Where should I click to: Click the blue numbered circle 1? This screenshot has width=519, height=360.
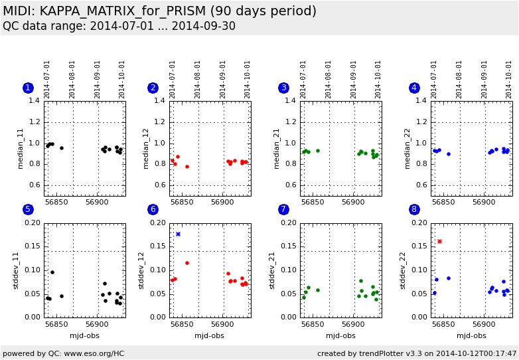(28, 88)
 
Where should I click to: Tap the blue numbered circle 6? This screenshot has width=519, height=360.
(153, 209)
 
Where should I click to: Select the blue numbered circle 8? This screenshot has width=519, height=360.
(414, 209)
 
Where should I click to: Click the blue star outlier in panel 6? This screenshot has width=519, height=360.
(178, 234)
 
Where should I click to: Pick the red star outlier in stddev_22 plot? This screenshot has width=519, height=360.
(439, 241)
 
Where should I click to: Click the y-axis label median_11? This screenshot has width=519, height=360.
(21, 148)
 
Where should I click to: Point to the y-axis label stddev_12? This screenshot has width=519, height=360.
(141, 270)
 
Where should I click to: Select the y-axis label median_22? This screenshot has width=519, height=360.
(408, 148)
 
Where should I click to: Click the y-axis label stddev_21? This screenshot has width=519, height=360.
(272, 270)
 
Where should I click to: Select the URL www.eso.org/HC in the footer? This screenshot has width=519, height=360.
(92, 353)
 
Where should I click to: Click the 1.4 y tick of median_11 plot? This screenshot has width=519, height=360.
(33, 101)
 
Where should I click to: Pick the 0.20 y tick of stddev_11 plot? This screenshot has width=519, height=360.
(31, 223)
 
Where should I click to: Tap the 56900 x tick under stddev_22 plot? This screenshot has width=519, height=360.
(484, 324)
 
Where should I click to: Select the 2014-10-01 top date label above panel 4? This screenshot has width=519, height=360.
(508, 79)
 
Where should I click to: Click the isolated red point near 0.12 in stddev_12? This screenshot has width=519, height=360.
(187, 263)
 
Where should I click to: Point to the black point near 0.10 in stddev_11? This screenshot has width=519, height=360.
(52, 272)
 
